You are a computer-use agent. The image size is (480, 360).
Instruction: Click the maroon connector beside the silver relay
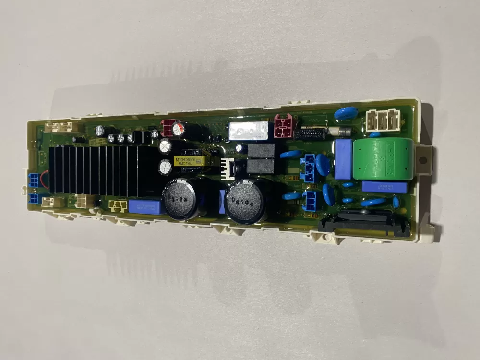283,125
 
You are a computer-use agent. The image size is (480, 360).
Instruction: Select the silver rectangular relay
248,131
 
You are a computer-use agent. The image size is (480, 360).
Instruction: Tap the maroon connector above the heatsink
169,128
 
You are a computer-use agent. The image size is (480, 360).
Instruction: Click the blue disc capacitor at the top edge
346,114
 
